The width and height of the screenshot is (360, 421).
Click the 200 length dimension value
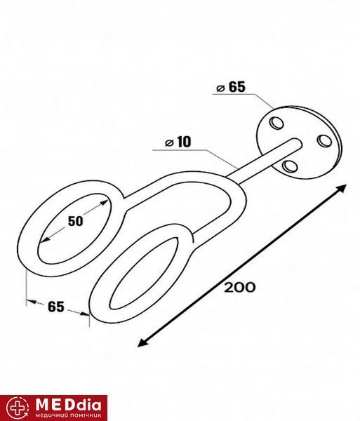click(x=240, y=288)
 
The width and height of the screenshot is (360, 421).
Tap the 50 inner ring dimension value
click(x=75, y=221)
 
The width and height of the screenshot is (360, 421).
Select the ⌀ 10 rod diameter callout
click(x=178, y=142)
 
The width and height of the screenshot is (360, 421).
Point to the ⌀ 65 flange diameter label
click(x=231, y=87)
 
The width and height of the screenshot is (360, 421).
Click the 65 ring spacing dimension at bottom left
click(x=56, y=307)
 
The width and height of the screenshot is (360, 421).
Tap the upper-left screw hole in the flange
click(x=276, y=123)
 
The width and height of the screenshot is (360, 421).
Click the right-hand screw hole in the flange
click(x=324, y=141)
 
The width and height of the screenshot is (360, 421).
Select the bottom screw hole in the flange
click(x=291, y=166)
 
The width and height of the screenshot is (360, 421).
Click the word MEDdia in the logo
click(x=69, y=405)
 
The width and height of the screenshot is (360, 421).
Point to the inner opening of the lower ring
click(x=144, y=274)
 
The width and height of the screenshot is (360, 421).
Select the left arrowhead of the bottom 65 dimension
click(x=31, y=302)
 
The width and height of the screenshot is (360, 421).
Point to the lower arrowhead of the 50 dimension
click(x=44, y=239)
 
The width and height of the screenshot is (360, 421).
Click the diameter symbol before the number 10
click(x=169, y=143)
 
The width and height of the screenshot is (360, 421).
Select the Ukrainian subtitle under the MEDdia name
click(x=69, y=415)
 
